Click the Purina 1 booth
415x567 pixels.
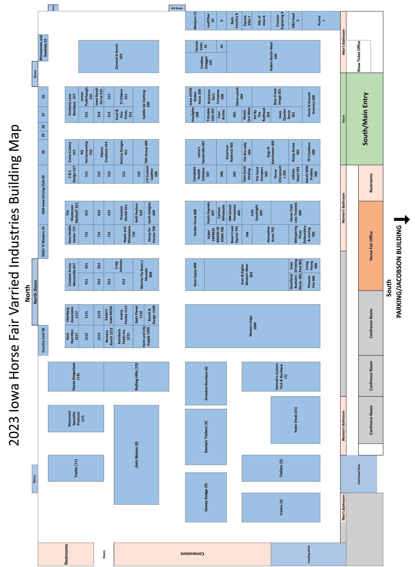pos(321,21)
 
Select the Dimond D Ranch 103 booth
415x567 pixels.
pos(119,56)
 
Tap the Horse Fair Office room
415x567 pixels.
pos(371,246)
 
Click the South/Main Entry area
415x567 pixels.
pos(365,119)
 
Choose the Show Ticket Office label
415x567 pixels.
pos(358,56)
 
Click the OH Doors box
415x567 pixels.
pos(177,8)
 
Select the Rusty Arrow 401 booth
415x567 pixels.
pos(295,152)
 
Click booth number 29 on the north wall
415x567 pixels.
pos(43,135)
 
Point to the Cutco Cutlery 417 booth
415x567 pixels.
pos(72,152)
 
